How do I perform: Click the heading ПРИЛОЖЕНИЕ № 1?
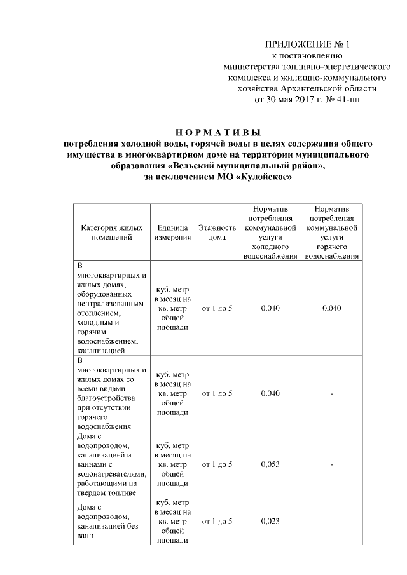pyautogui.click(x=307, y=44)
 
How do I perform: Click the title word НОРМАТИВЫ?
pyautogui.click(x=218, y=133)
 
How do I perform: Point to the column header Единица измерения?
pyautogui.click(x=172, y=233)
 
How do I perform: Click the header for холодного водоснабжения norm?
pyautogui.click(x=271, y=233)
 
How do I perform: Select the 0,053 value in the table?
pyautogui.click(x=271, y=464)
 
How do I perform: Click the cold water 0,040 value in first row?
pyautogui.click(x=271, y=308)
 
